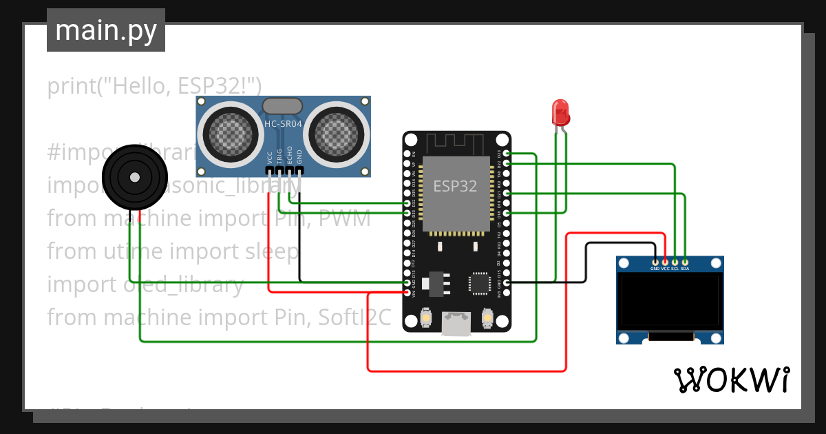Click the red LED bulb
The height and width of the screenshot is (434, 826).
[560, 112]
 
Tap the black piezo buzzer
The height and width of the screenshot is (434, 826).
[135, 177]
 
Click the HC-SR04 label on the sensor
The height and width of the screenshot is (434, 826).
[283, 124]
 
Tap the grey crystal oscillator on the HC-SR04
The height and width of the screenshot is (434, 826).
[282, 105]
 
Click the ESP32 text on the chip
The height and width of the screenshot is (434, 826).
[455, 186]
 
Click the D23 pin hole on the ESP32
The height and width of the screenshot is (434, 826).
[507, 153]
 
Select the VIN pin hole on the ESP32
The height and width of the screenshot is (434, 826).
[407, 293]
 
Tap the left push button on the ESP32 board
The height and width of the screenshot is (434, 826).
[426, 318]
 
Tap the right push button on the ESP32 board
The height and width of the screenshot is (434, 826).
[487, 318]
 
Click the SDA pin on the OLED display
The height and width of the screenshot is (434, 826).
[685, 262]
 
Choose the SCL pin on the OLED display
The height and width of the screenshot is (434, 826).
[675, 262]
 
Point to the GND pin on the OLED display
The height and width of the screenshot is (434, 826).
[655, 262]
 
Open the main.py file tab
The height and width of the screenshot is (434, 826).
[106, 30]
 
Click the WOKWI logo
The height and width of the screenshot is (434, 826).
[731, 380]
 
